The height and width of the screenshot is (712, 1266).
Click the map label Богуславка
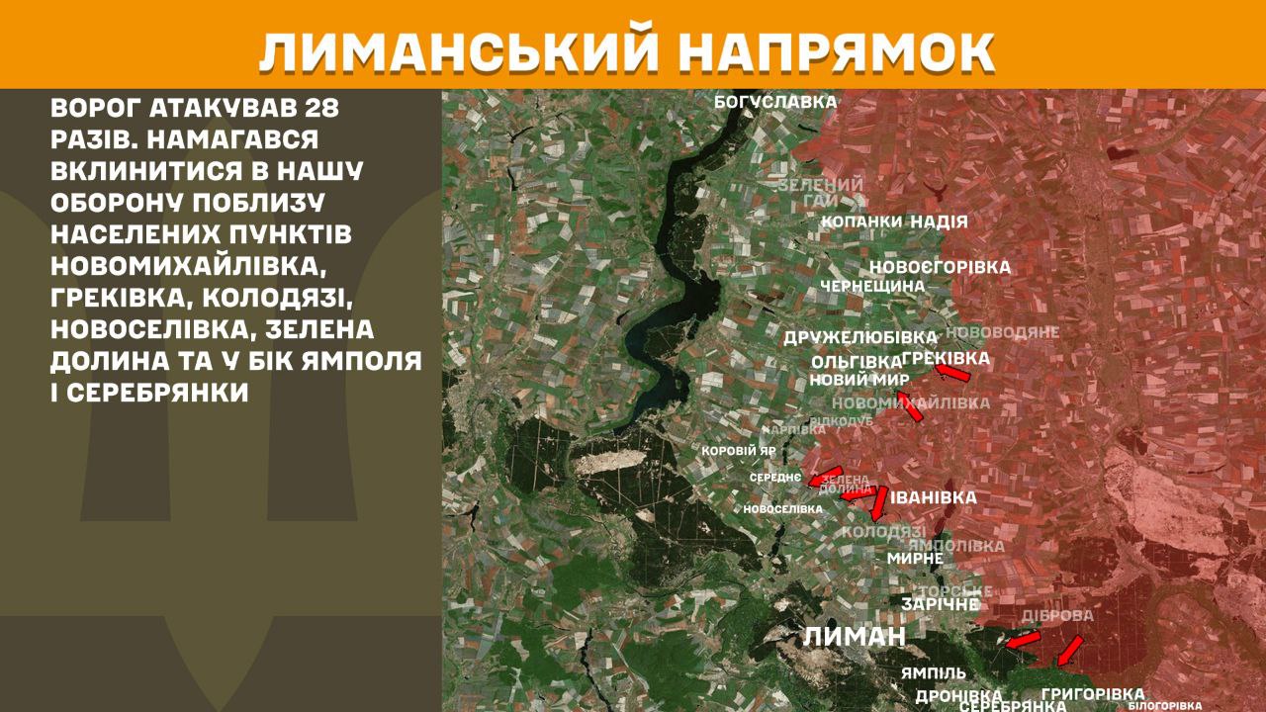point(776,101)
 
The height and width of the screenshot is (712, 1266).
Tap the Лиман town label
point(854,636)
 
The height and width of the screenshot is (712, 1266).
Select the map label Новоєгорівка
point(940,267)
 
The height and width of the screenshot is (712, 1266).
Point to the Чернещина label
point(871,286)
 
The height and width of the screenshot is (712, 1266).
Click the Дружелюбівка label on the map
point(859,337)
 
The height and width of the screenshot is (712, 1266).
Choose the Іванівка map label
point(934,497)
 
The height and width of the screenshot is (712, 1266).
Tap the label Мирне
point(915,558)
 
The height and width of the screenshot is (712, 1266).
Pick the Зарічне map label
point(941,603)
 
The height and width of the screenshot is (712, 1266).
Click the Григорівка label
point(1093,694)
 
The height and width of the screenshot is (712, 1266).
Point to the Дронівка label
point(959,695)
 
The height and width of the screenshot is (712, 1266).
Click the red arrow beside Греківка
point(952,373)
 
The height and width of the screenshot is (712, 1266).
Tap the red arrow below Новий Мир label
point(909,405)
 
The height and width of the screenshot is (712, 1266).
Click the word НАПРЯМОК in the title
point(833,50)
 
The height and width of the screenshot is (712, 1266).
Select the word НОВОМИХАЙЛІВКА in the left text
point(187,267)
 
